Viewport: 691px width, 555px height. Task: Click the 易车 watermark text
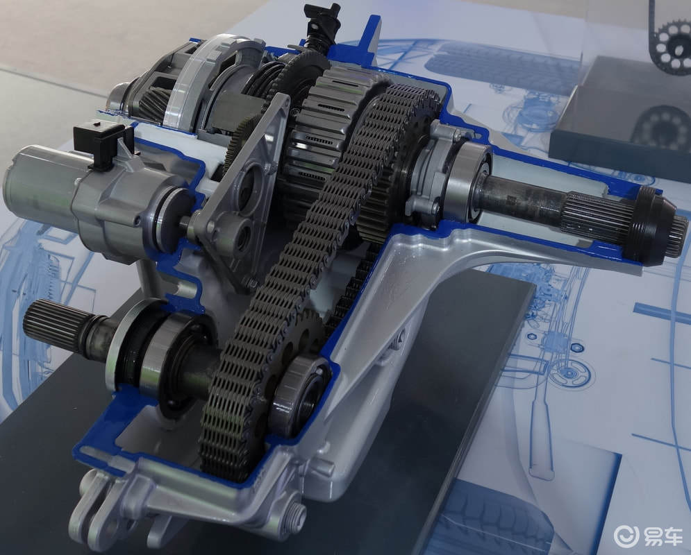pyautogui.click(x=663, y=536)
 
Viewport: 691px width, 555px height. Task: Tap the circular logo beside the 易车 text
pyautogui.click(x=626, y=536)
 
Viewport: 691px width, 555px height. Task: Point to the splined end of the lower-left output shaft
pyautogui.click(x=52, y=324)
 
